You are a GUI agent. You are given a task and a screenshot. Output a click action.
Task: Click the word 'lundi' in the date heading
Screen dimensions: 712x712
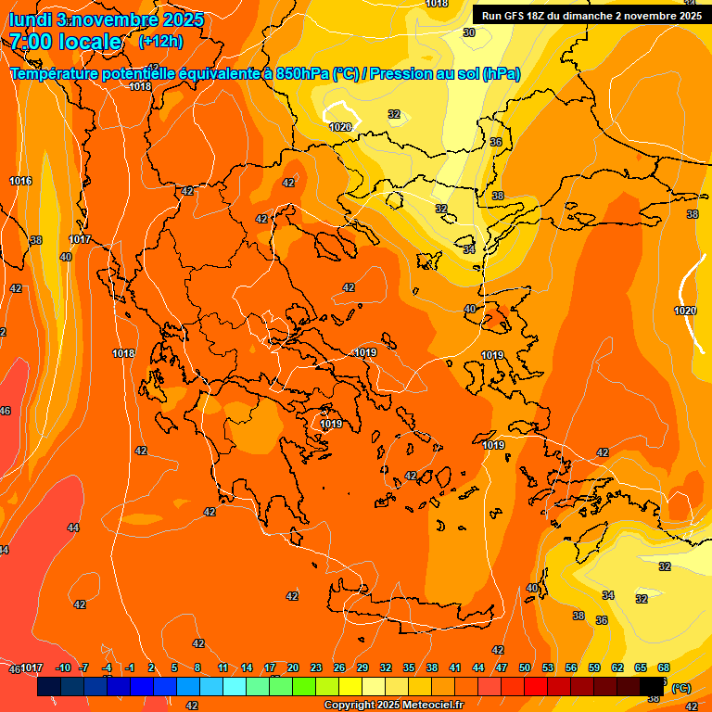[x=29, y=19]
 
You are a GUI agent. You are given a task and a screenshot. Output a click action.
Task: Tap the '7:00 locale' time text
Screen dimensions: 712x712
[x=65, y=42]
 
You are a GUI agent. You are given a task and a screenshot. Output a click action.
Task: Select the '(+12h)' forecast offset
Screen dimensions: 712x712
[x=160, y=41]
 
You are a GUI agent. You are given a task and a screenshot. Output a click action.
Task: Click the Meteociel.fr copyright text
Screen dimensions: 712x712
[x=393, y=706]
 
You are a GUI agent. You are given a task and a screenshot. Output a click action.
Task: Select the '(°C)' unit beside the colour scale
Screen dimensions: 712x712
[x=680, y=688]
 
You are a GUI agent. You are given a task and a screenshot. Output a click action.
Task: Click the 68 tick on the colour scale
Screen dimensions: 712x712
[x=664, y=667]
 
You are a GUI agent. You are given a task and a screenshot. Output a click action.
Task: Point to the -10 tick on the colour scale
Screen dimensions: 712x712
[x=63, y=667]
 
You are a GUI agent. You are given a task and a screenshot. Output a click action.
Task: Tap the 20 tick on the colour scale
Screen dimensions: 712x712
[x=293, y=667]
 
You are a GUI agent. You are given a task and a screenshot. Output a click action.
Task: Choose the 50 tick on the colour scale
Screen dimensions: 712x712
[x=525, y=667]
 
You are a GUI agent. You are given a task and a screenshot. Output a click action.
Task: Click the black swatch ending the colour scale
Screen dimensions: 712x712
[x=653, y=687]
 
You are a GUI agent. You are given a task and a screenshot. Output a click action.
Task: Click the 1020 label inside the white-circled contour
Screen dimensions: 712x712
[x=340, y=127]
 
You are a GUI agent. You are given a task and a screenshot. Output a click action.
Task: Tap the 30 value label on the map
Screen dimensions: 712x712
[x=469, y=32]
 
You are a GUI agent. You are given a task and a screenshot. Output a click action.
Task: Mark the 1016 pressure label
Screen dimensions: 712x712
[x=20, y=181]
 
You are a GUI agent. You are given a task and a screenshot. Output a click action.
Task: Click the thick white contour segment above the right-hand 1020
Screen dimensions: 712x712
[x=687, y=278]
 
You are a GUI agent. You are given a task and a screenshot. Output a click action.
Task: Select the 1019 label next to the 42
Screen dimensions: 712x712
[x=331, y=424]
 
